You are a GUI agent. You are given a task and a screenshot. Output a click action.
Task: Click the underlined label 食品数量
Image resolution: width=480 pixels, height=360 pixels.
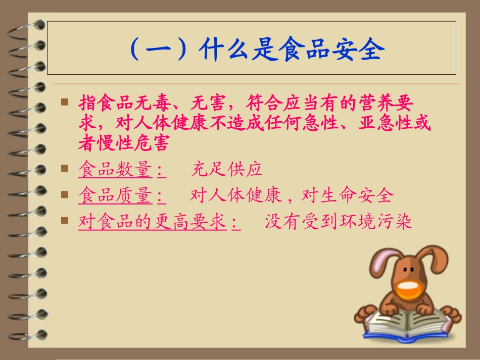click(115, 170)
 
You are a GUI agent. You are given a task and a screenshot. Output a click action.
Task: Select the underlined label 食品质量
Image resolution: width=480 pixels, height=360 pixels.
click(115, 196)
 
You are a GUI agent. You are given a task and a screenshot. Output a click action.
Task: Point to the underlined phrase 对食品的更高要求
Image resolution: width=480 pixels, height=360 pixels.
click(152, 222)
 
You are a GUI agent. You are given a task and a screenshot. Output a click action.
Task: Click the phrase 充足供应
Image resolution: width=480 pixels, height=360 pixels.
click(226, 170)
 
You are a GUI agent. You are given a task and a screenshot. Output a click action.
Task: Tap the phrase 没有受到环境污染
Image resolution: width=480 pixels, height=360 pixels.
click(339, 222)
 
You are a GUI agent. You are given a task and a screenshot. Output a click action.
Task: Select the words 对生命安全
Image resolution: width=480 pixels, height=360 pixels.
click(347, 196)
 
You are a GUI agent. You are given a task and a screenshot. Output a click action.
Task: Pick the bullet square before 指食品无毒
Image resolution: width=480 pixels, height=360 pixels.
click(64, 102)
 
